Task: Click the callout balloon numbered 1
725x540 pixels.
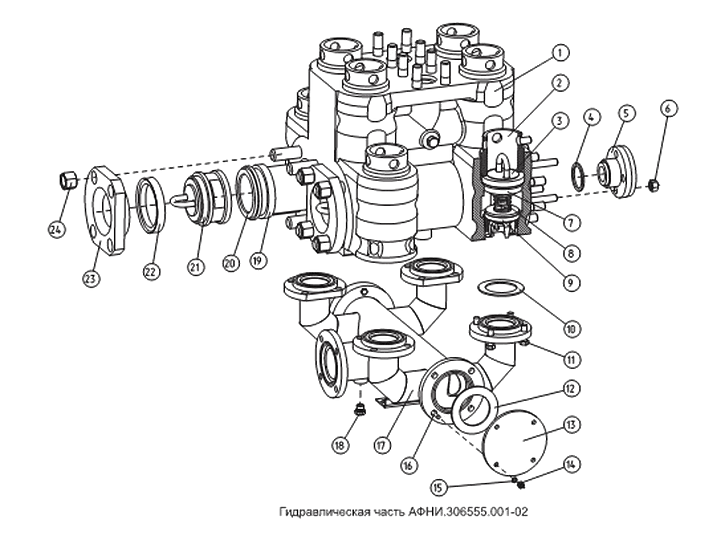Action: point(559,53)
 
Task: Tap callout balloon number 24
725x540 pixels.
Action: point(57,229)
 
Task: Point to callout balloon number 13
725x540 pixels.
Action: point(571,425)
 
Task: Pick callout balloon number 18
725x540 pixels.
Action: point(340,445)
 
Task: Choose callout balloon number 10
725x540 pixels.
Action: point(571,329)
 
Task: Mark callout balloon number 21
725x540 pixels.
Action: point(196,267)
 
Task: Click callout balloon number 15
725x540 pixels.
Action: point(440,487)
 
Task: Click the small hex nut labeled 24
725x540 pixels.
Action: point(68,179)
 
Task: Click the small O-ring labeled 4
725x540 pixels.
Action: point(579,177)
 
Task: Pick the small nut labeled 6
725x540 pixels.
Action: point(652,185)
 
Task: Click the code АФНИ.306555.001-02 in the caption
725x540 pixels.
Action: point(468,512)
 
